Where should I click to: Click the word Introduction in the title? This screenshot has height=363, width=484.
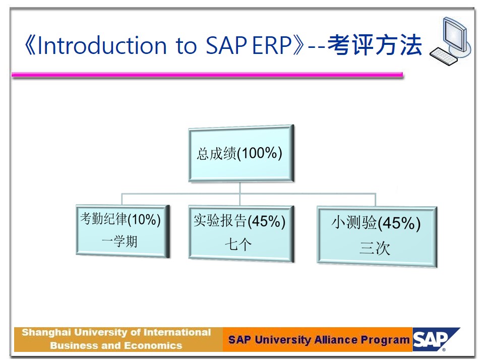[102, 45]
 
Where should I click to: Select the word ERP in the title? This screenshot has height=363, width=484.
[272, 45]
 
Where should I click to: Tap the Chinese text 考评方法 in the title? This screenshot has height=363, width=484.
[375, 45]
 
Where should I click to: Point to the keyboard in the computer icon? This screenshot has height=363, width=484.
[444, 56]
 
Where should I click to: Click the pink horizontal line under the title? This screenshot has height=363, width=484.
[207, 75]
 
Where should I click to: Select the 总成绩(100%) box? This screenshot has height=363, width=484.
[241, 153]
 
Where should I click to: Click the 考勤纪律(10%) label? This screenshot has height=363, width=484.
[120, 219]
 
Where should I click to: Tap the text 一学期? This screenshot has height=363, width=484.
[119, 241]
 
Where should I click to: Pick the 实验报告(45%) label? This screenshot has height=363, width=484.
[239, 221]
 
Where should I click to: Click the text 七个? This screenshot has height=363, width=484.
[238, 245]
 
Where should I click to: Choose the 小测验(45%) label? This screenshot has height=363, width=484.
[376, 223]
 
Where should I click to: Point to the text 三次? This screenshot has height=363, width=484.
[375, 248]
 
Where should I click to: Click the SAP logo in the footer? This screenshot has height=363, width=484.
[436, 339]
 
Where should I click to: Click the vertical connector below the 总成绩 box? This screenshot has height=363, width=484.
[240, 193]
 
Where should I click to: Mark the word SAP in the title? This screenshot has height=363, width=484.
[226, 45]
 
